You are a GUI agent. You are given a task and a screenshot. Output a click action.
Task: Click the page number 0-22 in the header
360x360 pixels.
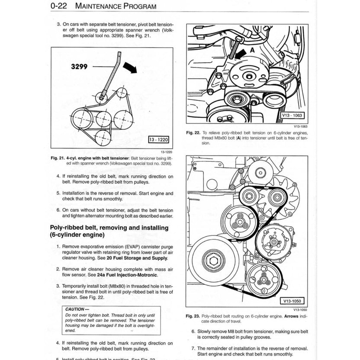pos(59,6)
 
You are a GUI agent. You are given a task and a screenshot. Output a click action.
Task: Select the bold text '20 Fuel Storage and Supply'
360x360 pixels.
pos(136,258)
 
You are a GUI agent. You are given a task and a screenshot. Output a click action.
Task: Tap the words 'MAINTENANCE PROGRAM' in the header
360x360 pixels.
pos(116,6)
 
